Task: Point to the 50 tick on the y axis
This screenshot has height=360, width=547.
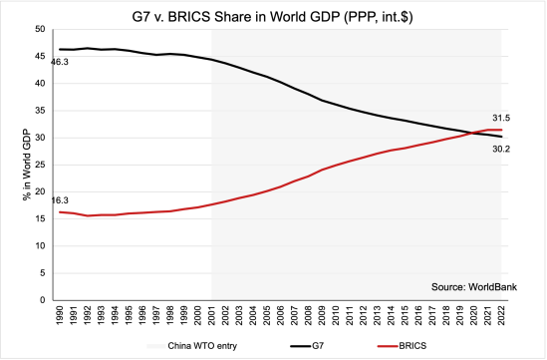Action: (x=41, y=29)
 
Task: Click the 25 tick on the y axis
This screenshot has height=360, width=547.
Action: (x=41, y=165)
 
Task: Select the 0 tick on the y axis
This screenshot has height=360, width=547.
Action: (x=44, y=299)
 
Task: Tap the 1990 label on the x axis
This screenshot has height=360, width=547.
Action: (x=61, y=316)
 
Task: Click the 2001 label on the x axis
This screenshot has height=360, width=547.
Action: (x=212, y=316)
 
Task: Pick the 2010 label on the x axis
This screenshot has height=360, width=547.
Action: (x=336, y=316)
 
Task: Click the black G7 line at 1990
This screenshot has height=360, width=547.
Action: (x=61, y=49)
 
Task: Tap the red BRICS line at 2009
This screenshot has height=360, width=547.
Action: (x=322, y=169)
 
